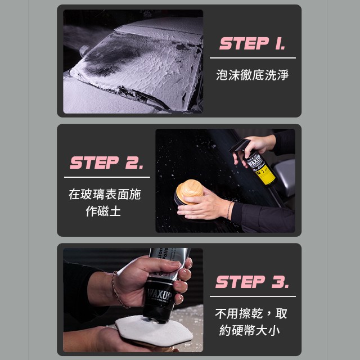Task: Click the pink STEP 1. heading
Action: click(x=252, y=43)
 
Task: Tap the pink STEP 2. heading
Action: click(x=106, y=163)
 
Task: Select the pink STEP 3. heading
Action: click(x=252, y=282)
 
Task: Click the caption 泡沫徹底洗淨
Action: click(x=252, y=75)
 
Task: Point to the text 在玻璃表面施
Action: click(x=105, y=194)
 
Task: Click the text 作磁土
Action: click(x=103, y=211)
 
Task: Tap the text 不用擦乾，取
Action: click(x=251, y=313)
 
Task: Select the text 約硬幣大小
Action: click(x=249, y=330)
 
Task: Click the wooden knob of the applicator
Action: click(x=190, y=190)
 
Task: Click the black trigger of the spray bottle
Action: click(x=239, y=147)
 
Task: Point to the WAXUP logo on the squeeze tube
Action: click(x=159, y=294)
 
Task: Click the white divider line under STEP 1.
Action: click(x=253, y=58)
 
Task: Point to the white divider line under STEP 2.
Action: click(x=107, y=177)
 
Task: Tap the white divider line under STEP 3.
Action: click(x=253, y=296)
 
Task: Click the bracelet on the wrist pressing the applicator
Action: click(x=229, y=210)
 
